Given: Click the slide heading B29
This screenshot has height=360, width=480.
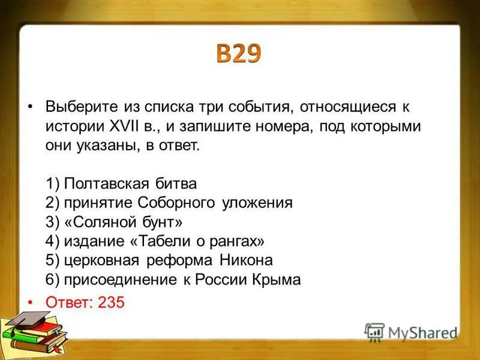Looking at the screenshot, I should pyautogui.click(x=239, y=54).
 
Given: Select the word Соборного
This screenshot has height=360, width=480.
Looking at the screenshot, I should pyautogui.click(x=174, y=202).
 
